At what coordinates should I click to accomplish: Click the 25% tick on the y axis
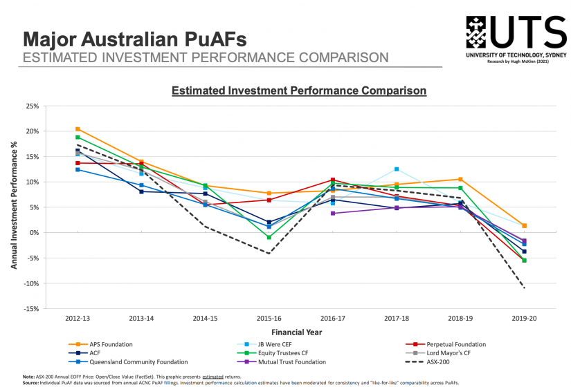click(x=32, y=106)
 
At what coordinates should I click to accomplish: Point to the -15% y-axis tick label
click(x=30, y=309)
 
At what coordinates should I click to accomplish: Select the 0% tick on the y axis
click(x=33, y=233)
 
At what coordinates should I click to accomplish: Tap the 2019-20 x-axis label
click(x=523, y=319)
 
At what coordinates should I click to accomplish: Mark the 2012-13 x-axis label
click(x=78, y=319)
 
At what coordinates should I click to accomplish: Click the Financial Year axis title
click(x=300, y=332)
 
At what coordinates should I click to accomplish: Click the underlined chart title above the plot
click(x=298, y=90)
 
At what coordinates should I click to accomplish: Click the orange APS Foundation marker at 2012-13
click(x=78, y=129)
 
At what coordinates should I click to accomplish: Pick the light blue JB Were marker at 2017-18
click(x=397, y=169)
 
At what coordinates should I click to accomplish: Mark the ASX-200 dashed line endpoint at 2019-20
click(x=524, y=287)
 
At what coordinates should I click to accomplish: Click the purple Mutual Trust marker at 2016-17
click(x=333, y=214)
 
